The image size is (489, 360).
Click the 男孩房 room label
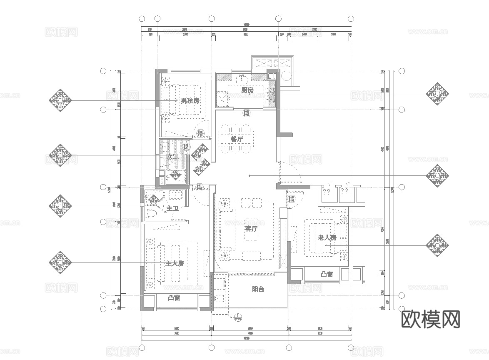click(190, 101)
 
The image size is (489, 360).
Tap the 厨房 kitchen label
click(247, 90)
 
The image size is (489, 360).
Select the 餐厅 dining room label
click(237, 140)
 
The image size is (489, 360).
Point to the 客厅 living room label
click(252, 229)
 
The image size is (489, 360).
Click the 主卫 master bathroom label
click(172, 208)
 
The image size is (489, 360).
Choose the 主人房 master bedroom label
click(175, 264)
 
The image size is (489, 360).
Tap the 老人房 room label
click(327, 238)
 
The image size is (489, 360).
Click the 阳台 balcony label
click(258, 289)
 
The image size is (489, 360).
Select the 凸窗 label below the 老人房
click(327, 274)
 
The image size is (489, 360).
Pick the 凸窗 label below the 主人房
click(174, 298)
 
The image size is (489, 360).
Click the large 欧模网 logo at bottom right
click(431, 319)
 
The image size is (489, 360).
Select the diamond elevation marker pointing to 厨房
click(437, 93)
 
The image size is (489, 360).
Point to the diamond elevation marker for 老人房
click(437, 245)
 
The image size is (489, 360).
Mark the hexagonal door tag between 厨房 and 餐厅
click(247, 113)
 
